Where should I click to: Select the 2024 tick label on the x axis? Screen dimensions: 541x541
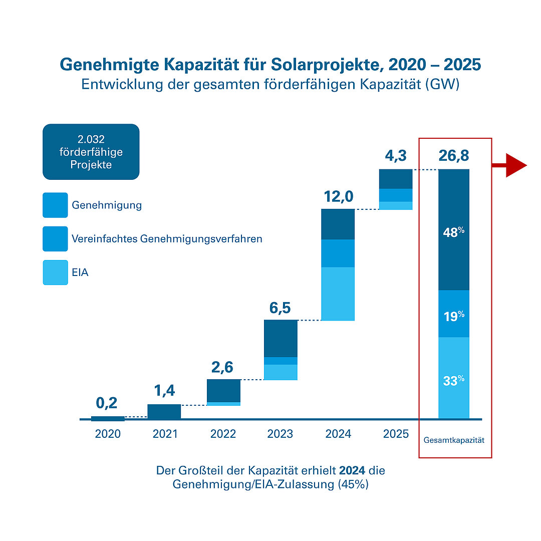click(x=338, y=434)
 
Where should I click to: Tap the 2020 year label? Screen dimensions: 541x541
click(x=108, y=434)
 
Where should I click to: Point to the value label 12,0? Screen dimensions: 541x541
click(x=338, y=197)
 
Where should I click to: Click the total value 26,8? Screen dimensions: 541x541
click(x=454, y=156)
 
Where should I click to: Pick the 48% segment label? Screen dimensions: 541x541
click(x=453, y=232)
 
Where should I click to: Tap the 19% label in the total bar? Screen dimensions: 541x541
click(x=453, y=317)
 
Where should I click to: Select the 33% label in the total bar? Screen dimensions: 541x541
click(x=453, y=381)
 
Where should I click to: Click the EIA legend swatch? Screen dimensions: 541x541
click(x=55, y=273)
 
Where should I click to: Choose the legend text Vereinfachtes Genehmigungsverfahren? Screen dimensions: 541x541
click(x=167, y=239)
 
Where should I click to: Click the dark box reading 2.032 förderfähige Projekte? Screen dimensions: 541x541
click(x=91, y=152)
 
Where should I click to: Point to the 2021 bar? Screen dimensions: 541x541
click(x=164, y=411)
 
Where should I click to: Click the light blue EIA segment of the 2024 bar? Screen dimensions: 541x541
click(x=338, y=294)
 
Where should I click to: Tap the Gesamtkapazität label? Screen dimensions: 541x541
click(x=455, y=441)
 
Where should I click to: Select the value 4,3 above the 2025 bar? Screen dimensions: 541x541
click(x=395, y=156)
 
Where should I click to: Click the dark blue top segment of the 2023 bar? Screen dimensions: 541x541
click(x=280, y=338)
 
